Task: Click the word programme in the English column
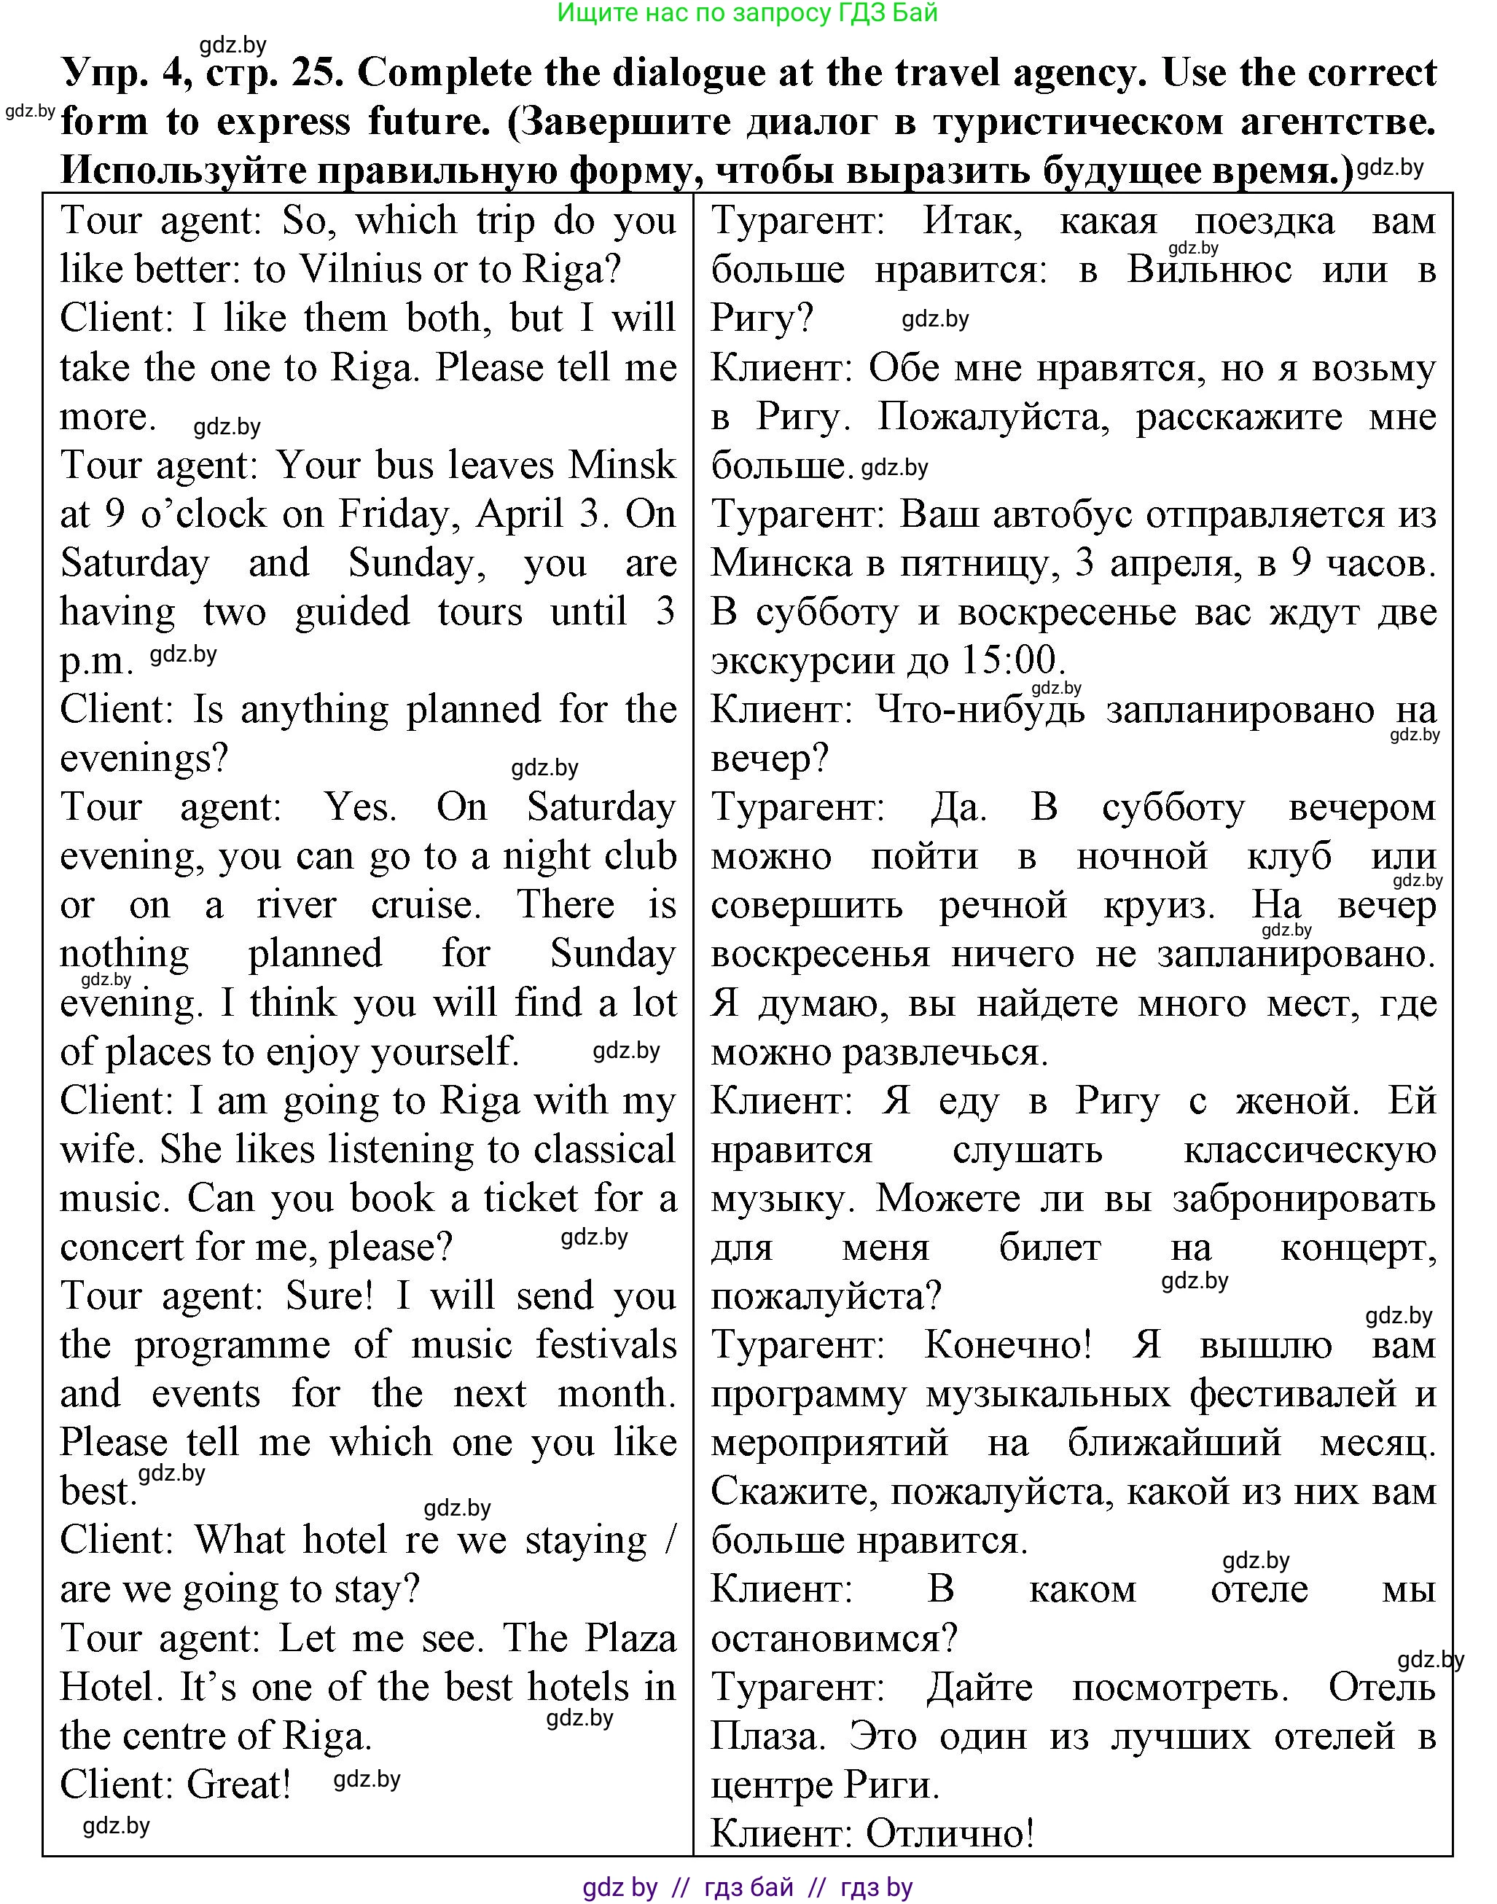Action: [x=232, y=1345]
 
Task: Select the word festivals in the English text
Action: [x=606, y=1345]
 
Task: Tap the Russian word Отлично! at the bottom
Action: [x=950, y=1834]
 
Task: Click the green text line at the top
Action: [x=748, y=13]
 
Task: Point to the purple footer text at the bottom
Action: [x=748, y=1887]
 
